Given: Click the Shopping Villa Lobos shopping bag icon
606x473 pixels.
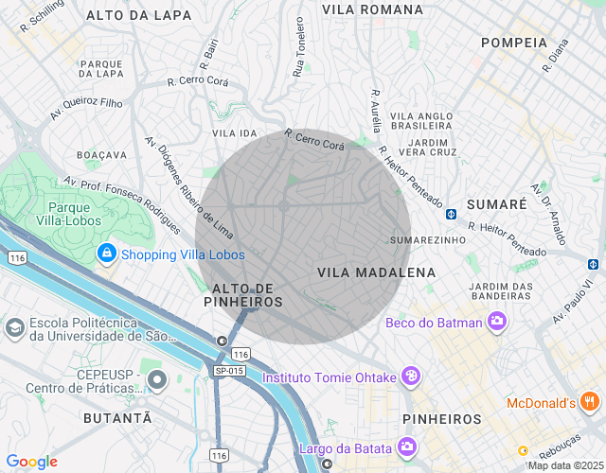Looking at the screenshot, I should tap(106, 254).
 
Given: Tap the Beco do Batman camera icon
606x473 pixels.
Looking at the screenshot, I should tap(495, 323).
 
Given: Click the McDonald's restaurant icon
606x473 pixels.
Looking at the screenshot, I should tap(590, 403).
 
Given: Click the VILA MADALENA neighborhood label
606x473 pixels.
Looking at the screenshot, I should tap(376, 272).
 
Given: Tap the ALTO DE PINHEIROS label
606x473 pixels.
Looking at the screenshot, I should tap(243, 294).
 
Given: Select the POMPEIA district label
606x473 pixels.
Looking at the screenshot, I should tap(514, 43).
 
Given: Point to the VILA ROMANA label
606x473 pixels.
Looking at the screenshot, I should tap(372, 9).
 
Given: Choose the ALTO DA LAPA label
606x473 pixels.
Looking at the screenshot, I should tap(138, 16).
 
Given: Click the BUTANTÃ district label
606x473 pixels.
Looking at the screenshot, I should tap(116, 417).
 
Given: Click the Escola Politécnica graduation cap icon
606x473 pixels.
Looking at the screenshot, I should tap(14, 327).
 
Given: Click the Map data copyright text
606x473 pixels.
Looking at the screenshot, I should tap(564, 465).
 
